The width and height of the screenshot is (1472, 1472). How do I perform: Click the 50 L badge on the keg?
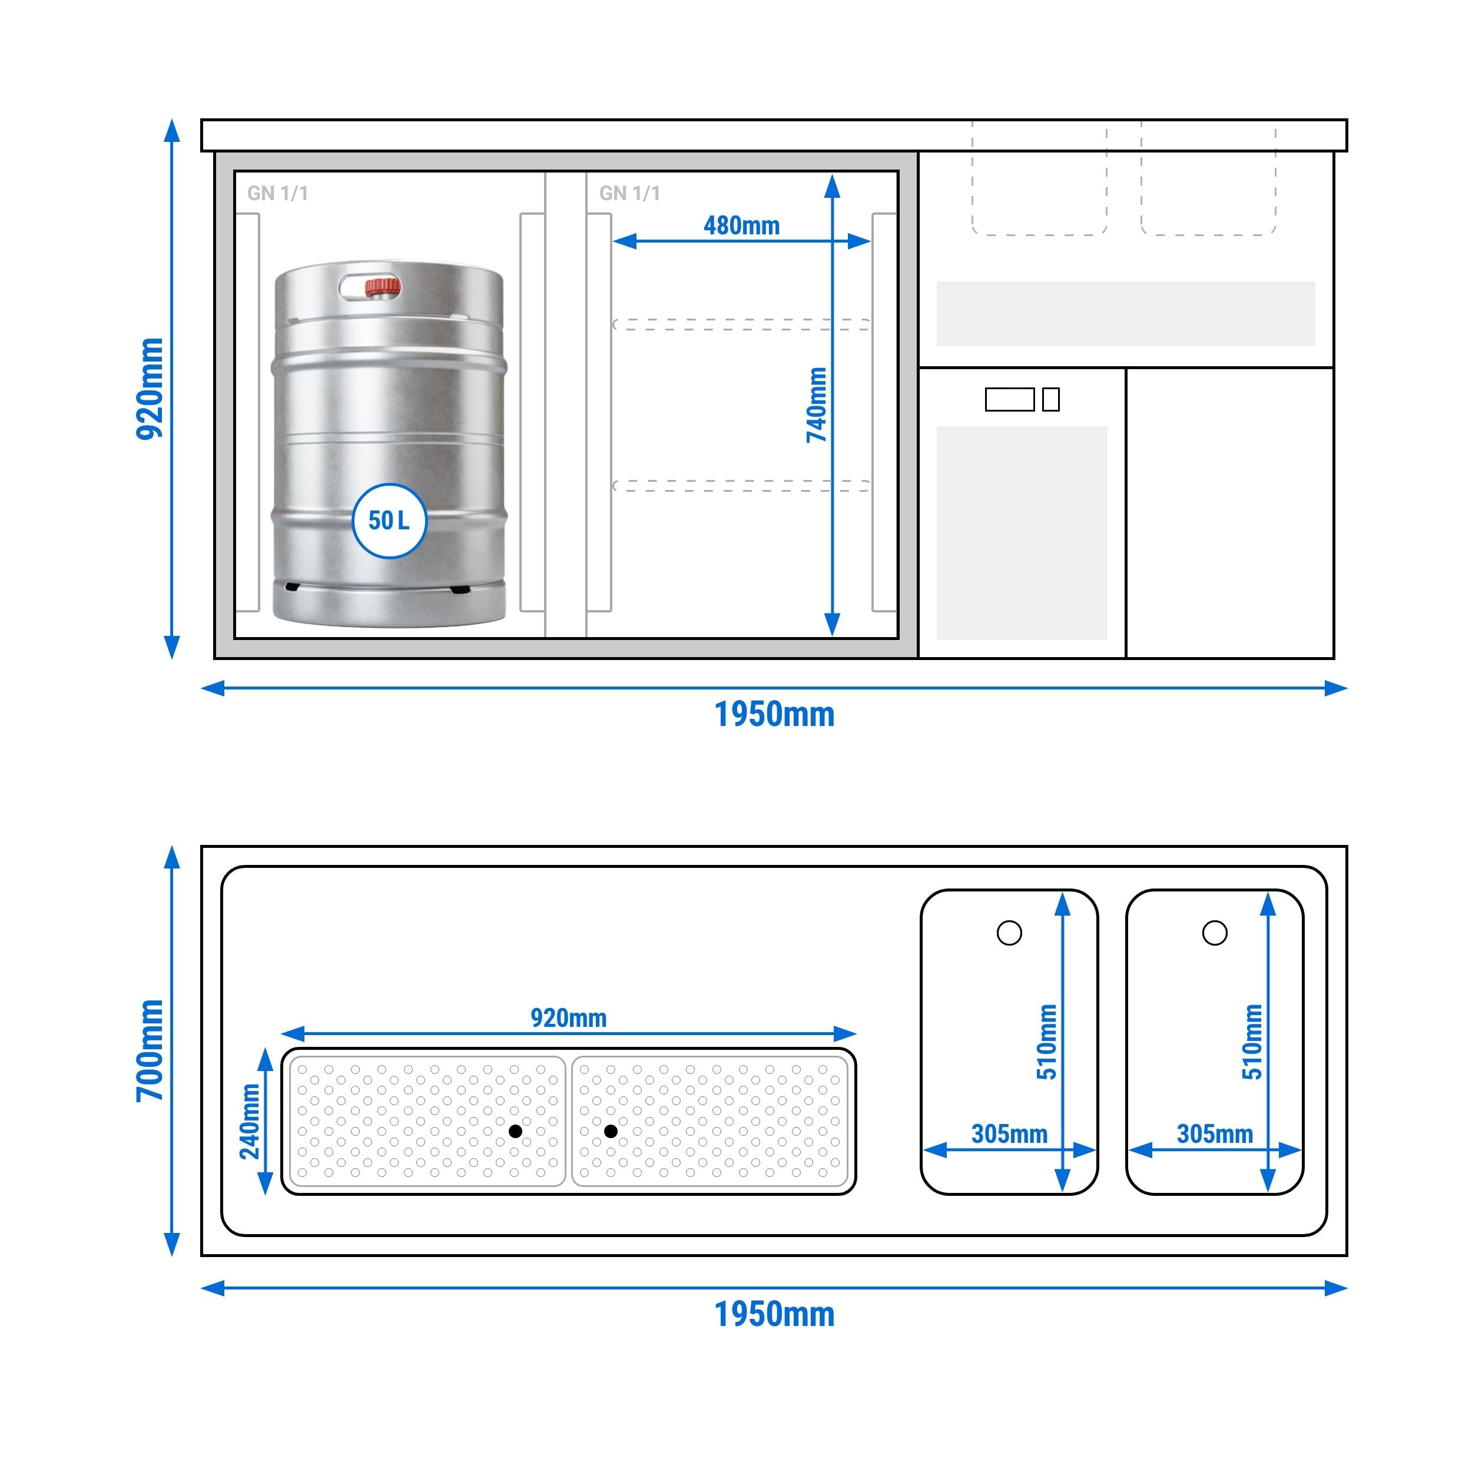(x=389, y=521)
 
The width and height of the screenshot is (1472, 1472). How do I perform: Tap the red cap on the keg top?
(x=382, y=287)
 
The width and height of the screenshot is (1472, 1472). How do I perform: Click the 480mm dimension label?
(x=741, y=226)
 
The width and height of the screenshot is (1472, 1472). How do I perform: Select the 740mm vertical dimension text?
(x=817, y=405)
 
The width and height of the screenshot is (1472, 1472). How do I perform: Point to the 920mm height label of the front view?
(x=150, y=389)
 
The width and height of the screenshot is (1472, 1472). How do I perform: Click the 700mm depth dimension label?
(x=150, y=1050)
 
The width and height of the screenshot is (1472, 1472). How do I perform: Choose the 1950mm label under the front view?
(x=774, y=715)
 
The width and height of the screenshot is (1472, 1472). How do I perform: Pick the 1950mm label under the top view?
(x=774, y=1314)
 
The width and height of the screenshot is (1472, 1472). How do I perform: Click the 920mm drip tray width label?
(x=568, y=1018)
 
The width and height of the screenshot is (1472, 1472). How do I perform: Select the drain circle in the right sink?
(x=1215, y=933)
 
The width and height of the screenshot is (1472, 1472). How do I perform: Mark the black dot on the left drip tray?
(x=516, y=1132)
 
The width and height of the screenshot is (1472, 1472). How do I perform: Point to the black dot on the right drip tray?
(x=610, y=1132)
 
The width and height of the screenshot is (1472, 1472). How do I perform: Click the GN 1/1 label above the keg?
(x=277, y=194)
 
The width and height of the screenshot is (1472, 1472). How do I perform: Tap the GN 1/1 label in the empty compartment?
(x=629, y=194)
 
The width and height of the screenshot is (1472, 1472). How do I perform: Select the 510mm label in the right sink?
(x=1252, y=1042)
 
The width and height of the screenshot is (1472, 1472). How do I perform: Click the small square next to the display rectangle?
(x=1050, y=399)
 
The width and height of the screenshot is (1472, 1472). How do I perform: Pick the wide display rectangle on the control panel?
(x=1010, y=399)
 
